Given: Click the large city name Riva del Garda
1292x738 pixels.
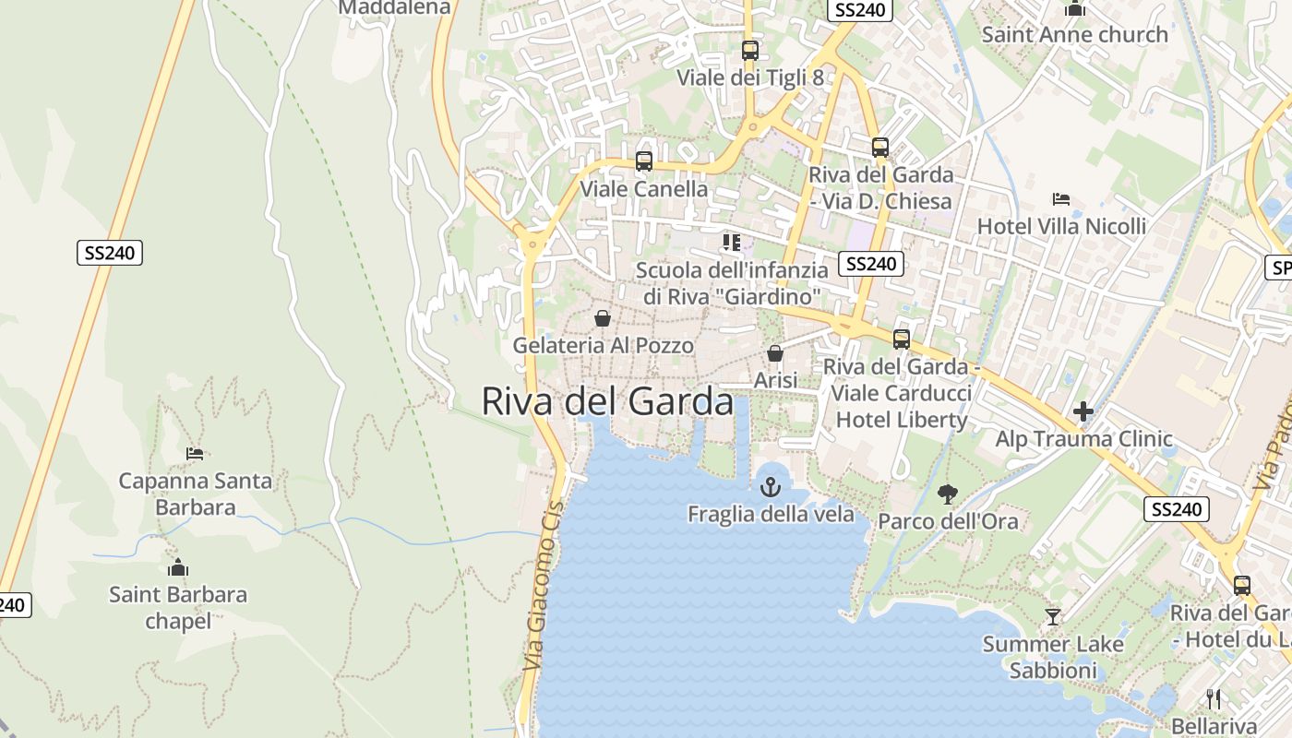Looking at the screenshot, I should (x=607, y=402).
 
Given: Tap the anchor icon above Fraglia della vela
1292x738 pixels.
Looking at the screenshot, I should (x=770, y=487).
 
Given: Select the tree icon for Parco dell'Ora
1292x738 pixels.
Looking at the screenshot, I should (x=947, y=494).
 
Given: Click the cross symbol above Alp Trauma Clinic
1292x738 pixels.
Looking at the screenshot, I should (x=1083, y=411).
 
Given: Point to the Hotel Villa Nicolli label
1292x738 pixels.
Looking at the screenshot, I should (x=1061, y=226).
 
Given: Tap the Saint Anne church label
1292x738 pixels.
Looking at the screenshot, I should (x=1074, y=35).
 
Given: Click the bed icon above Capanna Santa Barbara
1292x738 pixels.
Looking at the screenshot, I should (x=195, y=454).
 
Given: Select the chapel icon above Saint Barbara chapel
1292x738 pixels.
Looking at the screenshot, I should (x=178, y=567).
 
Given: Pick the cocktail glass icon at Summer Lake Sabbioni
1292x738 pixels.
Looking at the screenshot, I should (x=1052, y=616).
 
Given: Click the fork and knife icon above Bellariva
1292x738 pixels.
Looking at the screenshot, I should (x=1214, y=699).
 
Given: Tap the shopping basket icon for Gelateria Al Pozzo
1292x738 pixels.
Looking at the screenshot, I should (x=603, y=318).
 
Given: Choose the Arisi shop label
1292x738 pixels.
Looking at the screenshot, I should (x=775, y=380).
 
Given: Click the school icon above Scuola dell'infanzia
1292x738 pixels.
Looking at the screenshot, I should (x=732, y=243).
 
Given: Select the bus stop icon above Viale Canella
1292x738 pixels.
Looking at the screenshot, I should (x=644, y=161).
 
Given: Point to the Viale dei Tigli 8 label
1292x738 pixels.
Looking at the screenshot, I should (x=749, y=77).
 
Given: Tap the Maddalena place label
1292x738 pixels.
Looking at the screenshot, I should (x=394, y=7).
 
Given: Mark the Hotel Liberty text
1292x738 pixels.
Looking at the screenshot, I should (x=900, y=420).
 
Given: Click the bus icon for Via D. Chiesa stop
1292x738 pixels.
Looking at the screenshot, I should (x=880, y=148).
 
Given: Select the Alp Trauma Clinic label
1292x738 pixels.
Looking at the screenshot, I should (x=1083, y=439).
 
